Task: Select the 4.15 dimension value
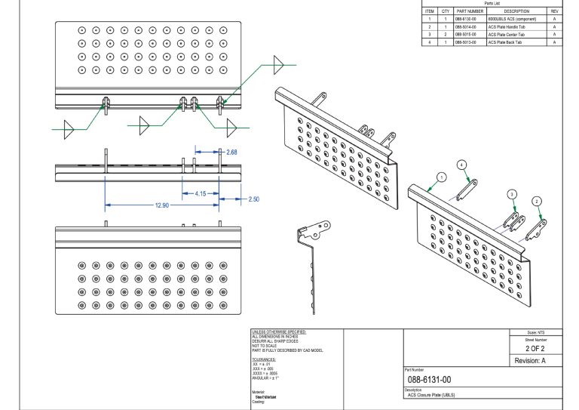tap(201, 193)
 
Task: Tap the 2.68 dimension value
tap(231, 152)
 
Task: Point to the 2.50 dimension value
tap(254, 199)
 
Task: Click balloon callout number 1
tap(442, 176)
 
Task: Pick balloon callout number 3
tap(513, 194)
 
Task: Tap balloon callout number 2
tap(537, 201)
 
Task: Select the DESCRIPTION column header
tap(516, 11)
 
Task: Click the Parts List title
tap(492, 3)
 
